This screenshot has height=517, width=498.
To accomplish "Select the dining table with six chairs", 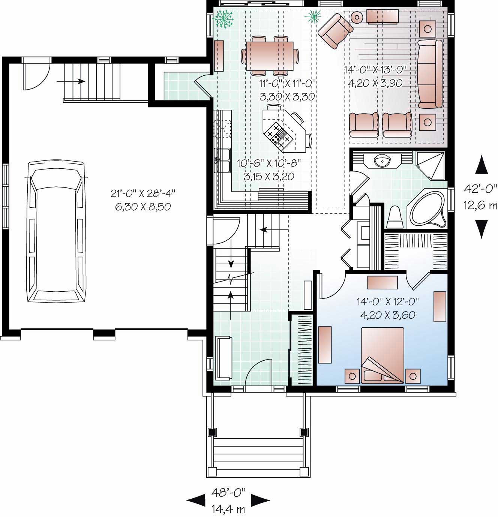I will tap(270, 55).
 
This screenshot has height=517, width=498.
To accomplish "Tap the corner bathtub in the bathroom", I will tap(427, 209).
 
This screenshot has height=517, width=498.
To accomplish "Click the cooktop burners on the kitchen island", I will tap(277, 135).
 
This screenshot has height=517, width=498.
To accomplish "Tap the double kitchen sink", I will tap(222, 160).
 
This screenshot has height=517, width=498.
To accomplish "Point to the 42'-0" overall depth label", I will tap(480, 189).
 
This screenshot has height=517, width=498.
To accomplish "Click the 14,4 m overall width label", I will tap(228, 509).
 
